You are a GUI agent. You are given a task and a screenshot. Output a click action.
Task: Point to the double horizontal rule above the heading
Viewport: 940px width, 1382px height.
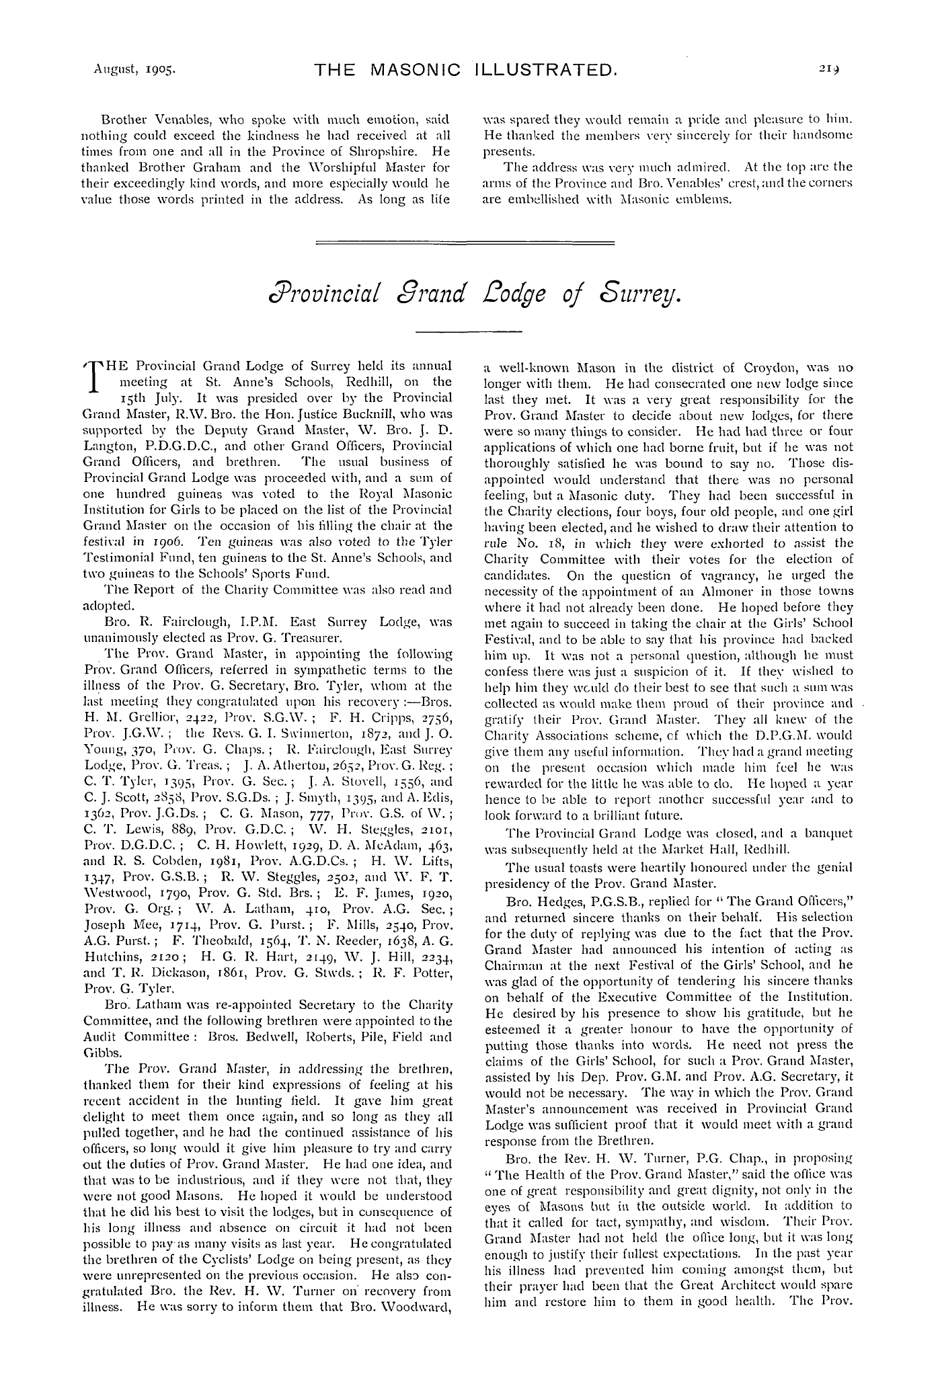point(465,242)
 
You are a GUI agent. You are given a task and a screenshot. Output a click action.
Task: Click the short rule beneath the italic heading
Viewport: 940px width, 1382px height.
point(470,331)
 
